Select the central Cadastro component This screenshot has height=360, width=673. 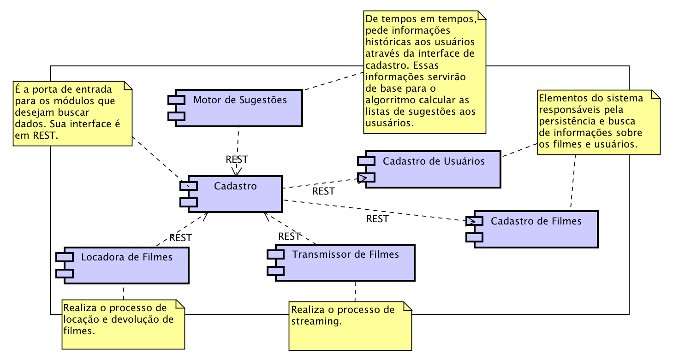coord(235,194)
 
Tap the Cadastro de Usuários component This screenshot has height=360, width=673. coord(434,169)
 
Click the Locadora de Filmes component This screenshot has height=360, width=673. coord(127,265)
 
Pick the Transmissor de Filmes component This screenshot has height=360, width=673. coord(345,263)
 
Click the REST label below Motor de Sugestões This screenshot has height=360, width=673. coord(237,159)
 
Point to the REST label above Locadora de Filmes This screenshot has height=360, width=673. coord(180,238)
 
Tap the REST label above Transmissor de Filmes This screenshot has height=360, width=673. coord(290,236)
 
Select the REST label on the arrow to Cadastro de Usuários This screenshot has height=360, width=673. coord(323,191)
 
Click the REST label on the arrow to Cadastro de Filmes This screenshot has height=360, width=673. coord(377,219)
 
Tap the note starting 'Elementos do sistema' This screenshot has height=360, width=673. coord(598,122)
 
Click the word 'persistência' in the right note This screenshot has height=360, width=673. coord(567,121)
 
